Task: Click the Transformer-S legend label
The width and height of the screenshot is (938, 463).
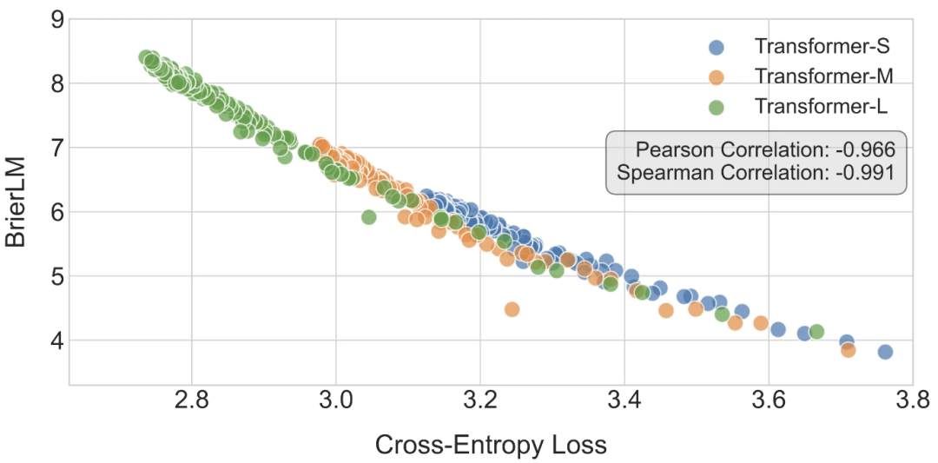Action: point(822,46)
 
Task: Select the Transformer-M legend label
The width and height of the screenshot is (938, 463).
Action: point(822,76)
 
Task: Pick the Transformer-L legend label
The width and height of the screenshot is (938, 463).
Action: point(821,106)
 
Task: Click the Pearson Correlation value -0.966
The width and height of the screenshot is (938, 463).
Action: point(864,149)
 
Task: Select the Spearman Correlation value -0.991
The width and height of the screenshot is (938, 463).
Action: point(864,172)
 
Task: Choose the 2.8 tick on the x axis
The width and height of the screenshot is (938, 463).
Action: point(191,403)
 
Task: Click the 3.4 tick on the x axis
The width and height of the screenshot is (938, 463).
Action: point(624,403)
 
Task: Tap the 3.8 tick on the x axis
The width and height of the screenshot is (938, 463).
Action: point(911,403)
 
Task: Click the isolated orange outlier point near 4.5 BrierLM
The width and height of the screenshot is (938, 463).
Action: point(512,309)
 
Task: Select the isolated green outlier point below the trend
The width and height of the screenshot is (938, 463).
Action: point(368,216)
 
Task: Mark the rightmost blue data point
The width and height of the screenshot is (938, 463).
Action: point(885,352)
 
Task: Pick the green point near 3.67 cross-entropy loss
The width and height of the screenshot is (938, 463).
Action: point(816,331)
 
